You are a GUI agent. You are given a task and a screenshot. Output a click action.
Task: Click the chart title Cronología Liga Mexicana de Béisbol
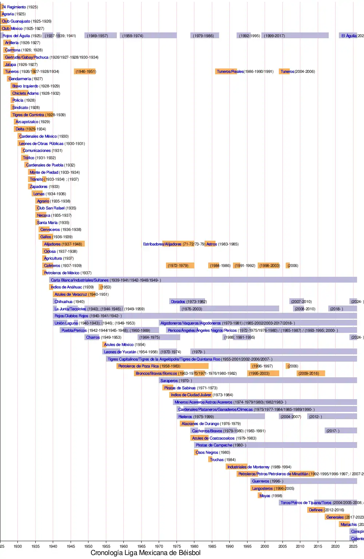pyautogui.click(x=145, y=553)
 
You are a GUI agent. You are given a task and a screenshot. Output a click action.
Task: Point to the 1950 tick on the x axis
pyautogui.click(x=88, y=546)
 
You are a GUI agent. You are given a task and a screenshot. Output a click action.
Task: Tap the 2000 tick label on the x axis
pyautogui.click(x=265, y=546)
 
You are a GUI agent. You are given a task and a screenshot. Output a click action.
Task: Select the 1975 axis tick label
pyautogui.click(x=177, y=546)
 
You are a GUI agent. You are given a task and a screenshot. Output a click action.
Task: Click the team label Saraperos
pyautogui.click(x=169, y=381)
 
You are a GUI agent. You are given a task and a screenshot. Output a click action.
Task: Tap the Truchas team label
pyautogui.click(x=217, y=460)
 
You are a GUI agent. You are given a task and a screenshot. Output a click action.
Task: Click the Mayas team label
pyautogui.click(x=265, y=496)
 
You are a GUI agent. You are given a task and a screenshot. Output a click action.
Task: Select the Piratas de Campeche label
pyautogui.click(x=214, y=445)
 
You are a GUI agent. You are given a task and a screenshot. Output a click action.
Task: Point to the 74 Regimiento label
pyautogui.click(x=14, y=7)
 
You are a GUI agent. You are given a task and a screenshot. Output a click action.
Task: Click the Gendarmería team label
pyautogui.click(x=20, y=79)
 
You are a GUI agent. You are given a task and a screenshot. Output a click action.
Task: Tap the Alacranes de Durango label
pyautogui.click(x=200, y=424)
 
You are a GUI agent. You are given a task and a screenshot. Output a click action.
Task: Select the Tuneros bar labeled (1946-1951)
pyautogui.click(x=85, y=71)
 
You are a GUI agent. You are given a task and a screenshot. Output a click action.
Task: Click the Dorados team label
pyautogui.click(x=178, y=302)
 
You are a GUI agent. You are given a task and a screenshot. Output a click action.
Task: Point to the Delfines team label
pyautogui.click(x=316, y=510)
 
